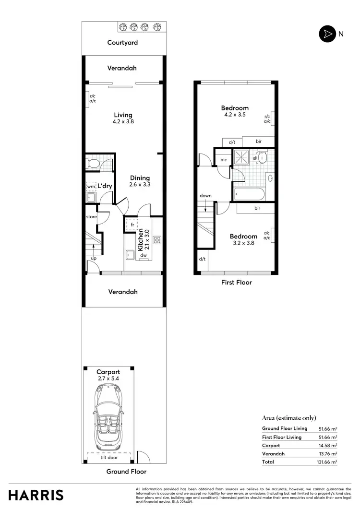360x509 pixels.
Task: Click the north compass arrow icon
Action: (x=327, y=34)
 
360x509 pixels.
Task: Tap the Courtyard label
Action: (x=122, y=43)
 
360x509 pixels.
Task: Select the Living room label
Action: (x=123, y=115)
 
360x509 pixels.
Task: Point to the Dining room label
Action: (x=140, y=178)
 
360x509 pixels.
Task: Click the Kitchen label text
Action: (x=141, y=240)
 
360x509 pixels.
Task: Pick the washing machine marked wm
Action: (x=90, y=186)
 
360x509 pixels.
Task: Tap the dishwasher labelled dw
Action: (x=143, y=256)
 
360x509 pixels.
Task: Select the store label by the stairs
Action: (x=91, y=217)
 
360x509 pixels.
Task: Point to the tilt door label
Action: (x=109, y=458)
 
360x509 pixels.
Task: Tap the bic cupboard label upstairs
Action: (x=223, y=159)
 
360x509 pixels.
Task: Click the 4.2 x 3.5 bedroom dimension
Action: (x=235, y=115)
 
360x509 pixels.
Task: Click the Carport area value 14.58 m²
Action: (x=328, y=445)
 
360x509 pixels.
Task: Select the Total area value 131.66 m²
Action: (x=327, y=462)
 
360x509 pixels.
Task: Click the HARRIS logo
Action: (x=36, y=495)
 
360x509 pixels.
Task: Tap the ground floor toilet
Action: (x=94, y=163)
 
